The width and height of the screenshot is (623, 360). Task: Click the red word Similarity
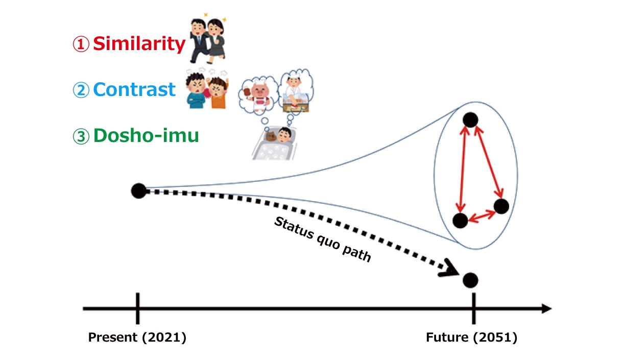(x=139, y=44)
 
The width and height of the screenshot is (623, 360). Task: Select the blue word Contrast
(x=134, y=89)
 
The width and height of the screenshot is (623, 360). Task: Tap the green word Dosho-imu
(x=146, y=136)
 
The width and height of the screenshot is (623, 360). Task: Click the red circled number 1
(x=81, y=44)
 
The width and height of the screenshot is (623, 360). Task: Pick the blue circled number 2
(x=81, y=90)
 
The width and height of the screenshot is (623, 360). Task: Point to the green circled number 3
(x=81, y=136)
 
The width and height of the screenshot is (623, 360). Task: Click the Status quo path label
(x=323, y=240)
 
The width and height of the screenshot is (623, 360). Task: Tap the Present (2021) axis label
(x=137, y=338)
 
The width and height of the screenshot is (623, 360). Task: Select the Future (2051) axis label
(x=471, y=338)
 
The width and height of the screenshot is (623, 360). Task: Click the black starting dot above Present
(x=139, y=191)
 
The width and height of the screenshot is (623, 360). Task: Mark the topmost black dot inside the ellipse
(x=470, y=120)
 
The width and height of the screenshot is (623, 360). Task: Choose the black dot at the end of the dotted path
(x=470, y=280)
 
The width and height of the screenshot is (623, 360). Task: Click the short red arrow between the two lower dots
(x=482, y=217)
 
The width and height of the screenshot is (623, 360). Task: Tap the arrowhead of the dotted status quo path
(x=448, y=269)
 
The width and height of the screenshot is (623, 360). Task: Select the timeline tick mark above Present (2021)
(x=138, y=308)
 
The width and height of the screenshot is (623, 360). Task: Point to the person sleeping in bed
(x=284, y=135)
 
